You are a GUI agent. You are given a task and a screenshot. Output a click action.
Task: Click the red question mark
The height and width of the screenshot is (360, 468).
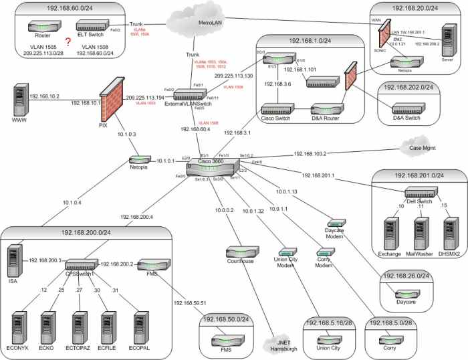(x=68, y=41)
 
